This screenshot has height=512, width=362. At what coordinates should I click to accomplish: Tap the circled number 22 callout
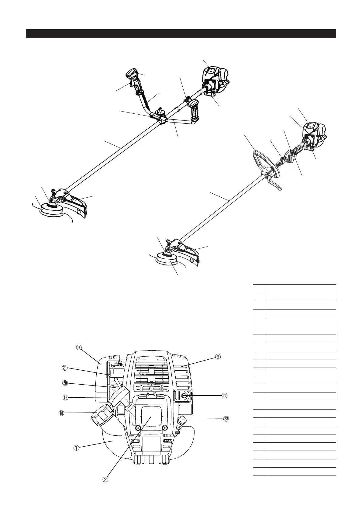(225, 396)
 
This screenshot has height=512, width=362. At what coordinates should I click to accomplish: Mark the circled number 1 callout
(76, 448)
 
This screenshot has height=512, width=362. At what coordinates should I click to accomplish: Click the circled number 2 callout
(105, 479)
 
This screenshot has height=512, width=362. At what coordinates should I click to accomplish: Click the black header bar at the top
(181, 34)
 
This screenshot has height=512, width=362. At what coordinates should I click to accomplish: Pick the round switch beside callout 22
(184, 396)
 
